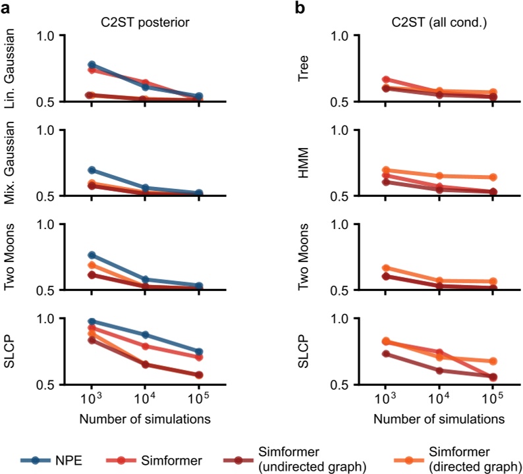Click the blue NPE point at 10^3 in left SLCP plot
(92, 322)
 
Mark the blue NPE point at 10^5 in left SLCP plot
(198, 352)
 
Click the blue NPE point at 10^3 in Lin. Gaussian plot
(92, 65)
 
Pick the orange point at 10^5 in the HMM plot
(491, 177)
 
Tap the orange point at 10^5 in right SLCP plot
(491, 361)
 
